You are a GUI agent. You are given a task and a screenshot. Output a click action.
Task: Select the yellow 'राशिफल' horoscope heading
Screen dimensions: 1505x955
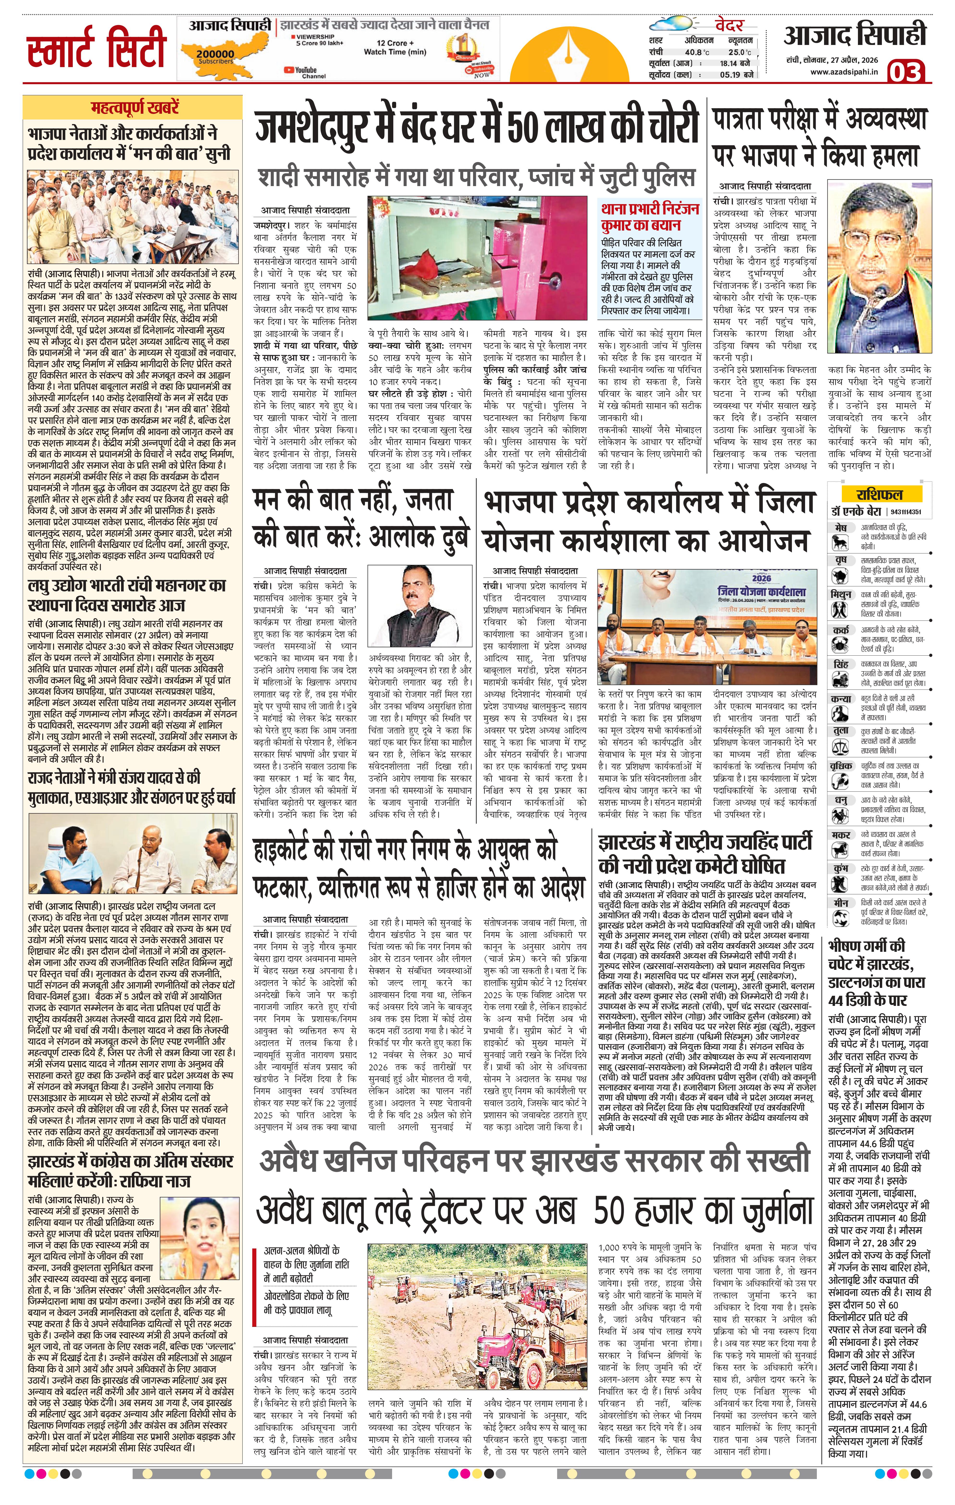coord(879,494)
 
